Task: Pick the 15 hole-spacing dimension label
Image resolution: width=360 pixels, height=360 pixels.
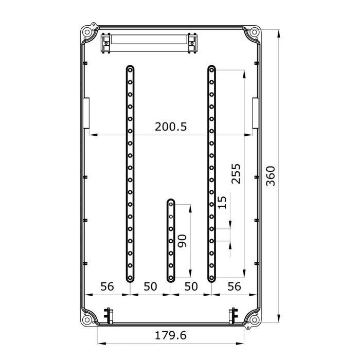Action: [222, 202]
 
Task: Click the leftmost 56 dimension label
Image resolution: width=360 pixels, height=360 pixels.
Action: [107, 286]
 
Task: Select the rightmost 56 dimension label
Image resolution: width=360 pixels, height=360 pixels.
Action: [234, 286]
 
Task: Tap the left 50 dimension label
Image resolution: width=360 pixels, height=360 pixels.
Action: [150, 286]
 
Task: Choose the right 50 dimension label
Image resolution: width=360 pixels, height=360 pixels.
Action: [191, 286]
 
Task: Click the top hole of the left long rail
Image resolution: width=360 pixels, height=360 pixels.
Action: [130, 69]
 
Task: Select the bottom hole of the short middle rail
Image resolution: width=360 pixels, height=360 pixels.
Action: [171, 277]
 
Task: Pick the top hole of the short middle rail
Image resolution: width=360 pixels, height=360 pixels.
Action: [171, 204]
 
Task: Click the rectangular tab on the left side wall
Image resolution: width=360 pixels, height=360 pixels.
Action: [86, 113]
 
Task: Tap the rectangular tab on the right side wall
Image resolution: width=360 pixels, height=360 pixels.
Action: [255, 113]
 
